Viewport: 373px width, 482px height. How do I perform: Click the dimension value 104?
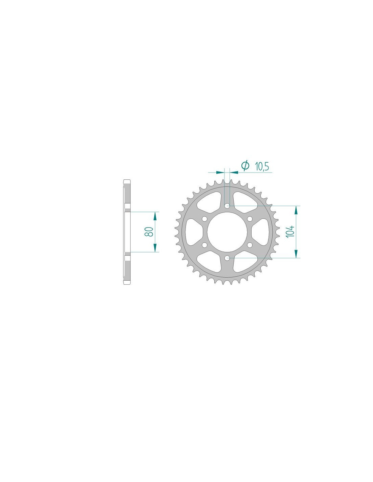[x=290, y=232]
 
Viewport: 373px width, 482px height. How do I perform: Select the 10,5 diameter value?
[x=262, y=166]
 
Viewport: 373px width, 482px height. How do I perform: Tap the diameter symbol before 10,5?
[x=245, y=165]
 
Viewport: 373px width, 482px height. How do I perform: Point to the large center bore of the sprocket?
[x=227, y=232]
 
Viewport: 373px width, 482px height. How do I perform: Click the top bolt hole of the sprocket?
[x=227, y=206]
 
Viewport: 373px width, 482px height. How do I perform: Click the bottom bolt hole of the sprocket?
[x=227, y=258]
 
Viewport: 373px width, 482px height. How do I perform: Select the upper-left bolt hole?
[x=204, y=219]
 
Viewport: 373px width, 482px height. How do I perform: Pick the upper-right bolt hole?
[x=250, y=219]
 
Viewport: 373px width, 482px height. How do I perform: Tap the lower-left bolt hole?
[x=204, y=245]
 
